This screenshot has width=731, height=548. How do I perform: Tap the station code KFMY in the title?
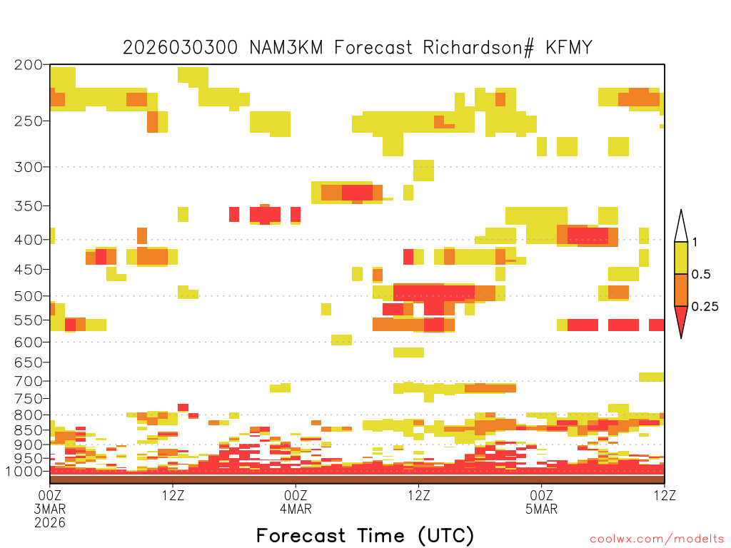point(569,48)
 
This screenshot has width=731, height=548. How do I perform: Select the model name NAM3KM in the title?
point(286,48)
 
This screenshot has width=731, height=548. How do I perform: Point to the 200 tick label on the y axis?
point(29,65)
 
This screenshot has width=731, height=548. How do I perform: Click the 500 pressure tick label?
point(29,296)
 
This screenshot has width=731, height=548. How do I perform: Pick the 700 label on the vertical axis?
point(29,381)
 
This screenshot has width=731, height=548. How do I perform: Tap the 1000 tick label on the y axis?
point(24,472)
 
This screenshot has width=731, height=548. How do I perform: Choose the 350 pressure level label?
point(29,206)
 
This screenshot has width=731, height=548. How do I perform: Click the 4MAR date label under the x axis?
point(296,509)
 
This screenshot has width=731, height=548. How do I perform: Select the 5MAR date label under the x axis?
point(541,509)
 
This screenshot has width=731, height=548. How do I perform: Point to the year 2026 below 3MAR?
point(50,523)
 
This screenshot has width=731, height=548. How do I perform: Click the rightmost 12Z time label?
point(665,495)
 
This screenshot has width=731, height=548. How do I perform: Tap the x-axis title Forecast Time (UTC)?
point(365,536)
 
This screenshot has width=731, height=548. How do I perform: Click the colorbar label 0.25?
point(705,307)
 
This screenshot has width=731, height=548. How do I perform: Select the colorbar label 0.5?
point(701,275)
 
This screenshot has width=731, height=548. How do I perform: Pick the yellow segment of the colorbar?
point(681,258)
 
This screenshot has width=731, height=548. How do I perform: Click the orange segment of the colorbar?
point(681,290)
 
